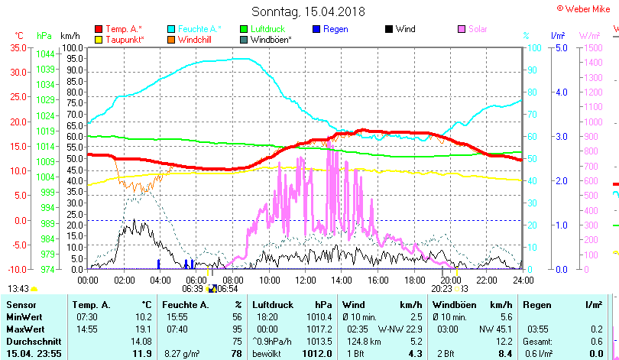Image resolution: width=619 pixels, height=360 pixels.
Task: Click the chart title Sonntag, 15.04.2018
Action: (x=308, y=12)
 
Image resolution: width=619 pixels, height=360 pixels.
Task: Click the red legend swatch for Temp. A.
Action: (x=99, y=30)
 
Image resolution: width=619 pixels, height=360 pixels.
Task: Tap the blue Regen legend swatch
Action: (x=317, y=30)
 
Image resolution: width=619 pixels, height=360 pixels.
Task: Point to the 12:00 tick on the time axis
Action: (x=305, y=281)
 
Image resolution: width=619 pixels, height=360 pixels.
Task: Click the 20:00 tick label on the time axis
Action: (x=450, y=281)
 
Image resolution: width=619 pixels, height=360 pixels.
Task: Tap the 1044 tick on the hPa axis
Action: (x=45, y=54)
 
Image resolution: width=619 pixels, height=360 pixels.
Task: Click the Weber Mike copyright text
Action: (x=586, y=8)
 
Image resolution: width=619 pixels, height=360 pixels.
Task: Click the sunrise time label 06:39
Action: (x=192, y=289)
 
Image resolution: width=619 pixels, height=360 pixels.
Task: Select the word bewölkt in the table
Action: (x=267, y=353)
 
